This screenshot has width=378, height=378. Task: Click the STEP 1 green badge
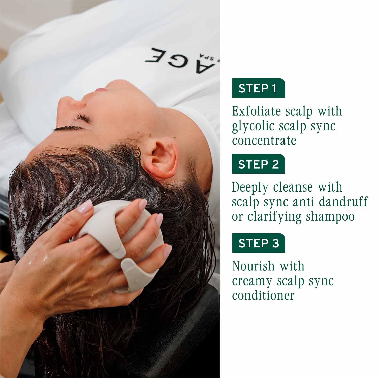[x=258, y=88]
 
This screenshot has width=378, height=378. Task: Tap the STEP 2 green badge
[x=258, y=164]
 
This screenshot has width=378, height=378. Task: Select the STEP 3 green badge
[x=259, y=243]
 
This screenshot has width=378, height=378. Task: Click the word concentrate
[x=264, y=140]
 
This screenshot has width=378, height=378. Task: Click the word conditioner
[x=263, y=295]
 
